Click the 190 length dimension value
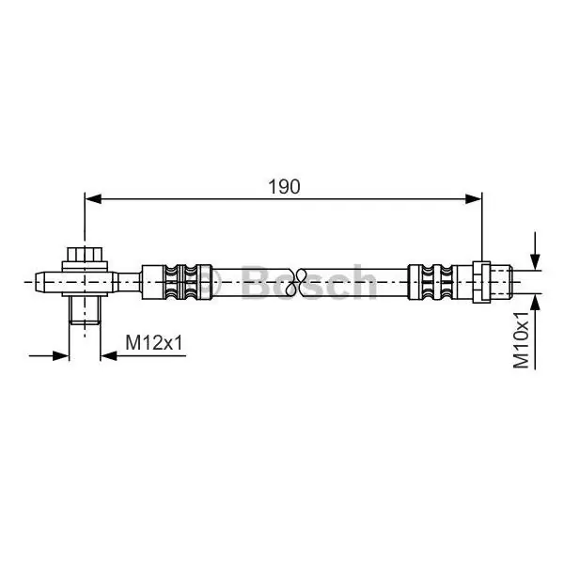(284, 187)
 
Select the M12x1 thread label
(154, 342)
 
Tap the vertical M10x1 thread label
(521, 340)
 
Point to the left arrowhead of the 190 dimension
(93, 198)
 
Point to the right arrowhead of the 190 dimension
(473, 198)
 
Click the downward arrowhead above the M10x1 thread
(535, 261)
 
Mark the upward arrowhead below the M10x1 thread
(535, 302)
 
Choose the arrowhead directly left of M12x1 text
(109, 356)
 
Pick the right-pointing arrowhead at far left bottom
(60, 356)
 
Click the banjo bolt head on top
(85, 255)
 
